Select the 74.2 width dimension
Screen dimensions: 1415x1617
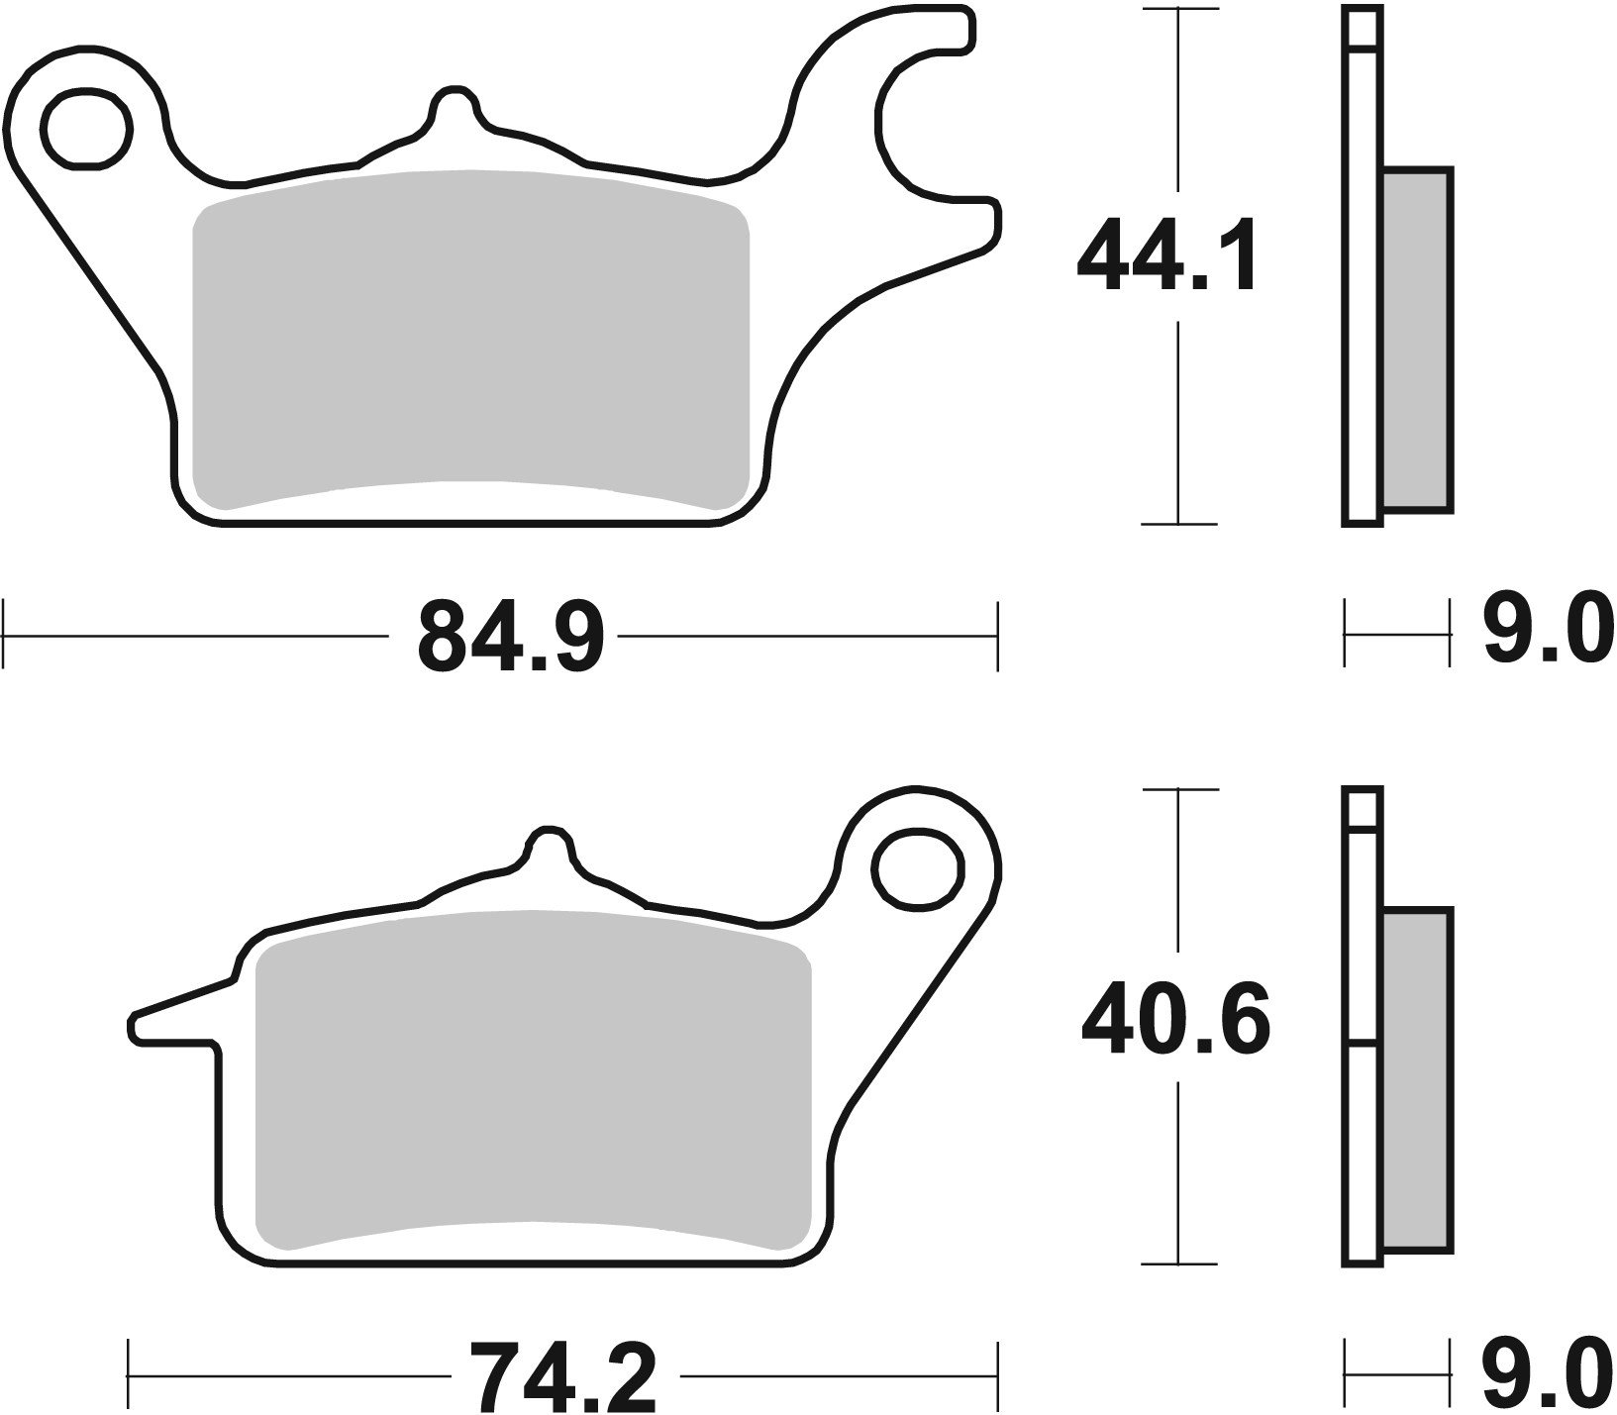coord(561,1376)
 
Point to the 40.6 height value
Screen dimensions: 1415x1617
coord(1174,1019)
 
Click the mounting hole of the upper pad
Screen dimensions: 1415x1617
coord(87,129)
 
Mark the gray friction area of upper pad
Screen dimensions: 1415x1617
coord(470,337)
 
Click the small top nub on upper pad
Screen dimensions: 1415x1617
coord(454,104)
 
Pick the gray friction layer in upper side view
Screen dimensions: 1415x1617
coord(1417,340)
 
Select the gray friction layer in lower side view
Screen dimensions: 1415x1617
coord(1417,1079)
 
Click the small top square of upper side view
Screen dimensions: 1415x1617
coord(1363,28)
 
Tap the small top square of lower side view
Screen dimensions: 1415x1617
coord(1363,808)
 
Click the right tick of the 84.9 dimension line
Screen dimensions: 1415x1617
coord(997,635)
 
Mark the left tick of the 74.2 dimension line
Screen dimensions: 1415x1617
coord(130,1375)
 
